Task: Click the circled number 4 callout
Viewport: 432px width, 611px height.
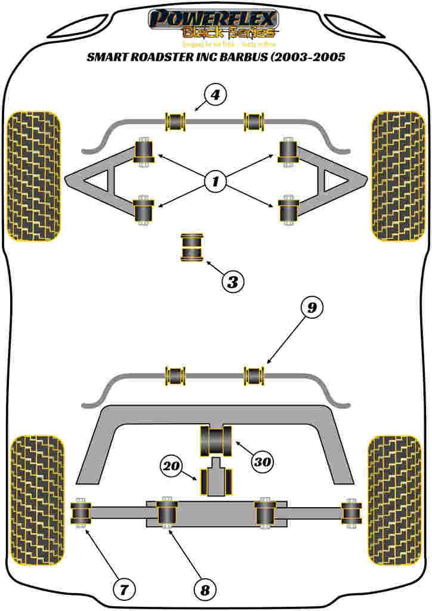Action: pos(215,95)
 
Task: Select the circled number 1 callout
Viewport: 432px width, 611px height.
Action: pos(215,181)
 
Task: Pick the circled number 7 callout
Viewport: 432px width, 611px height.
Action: pos(124,591)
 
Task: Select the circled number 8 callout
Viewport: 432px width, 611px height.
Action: pos(205,591)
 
